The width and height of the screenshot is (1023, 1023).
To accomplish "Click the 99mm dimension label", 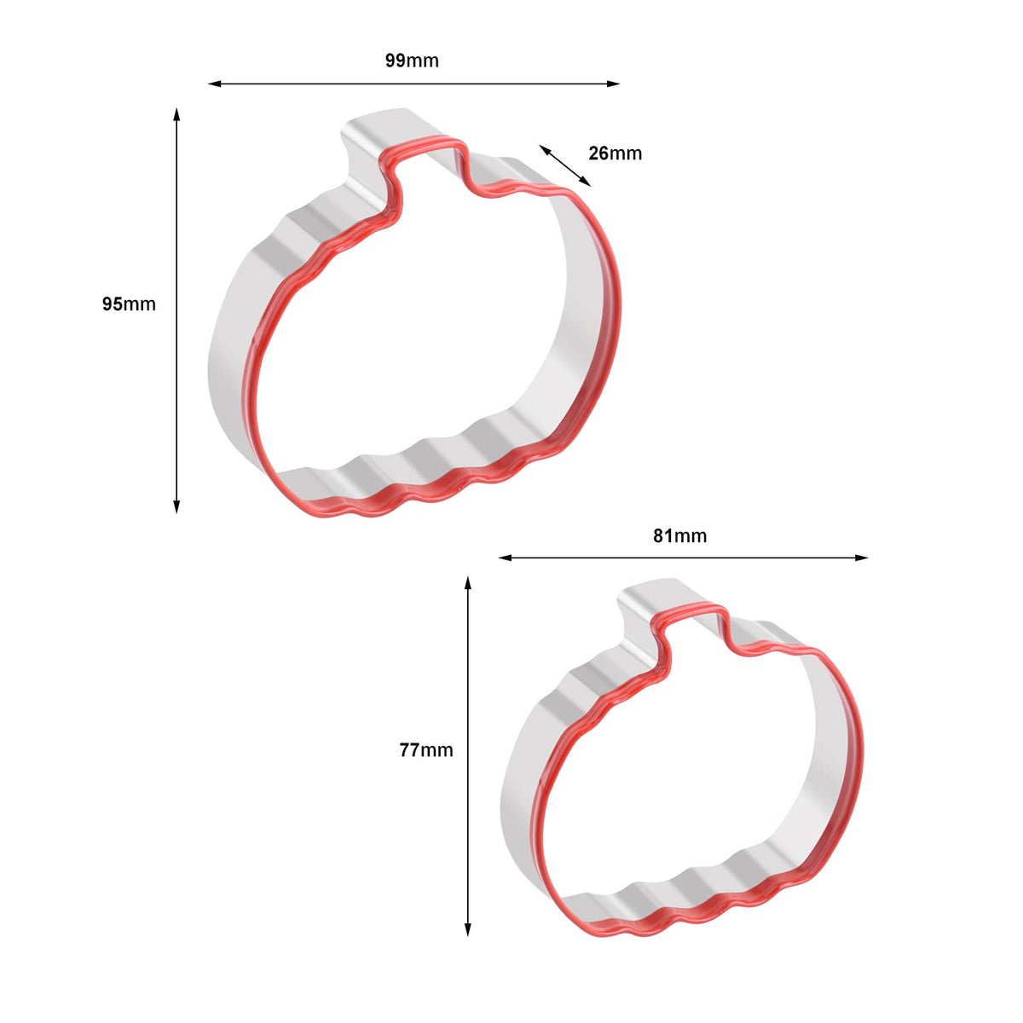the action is (x=412, y=61).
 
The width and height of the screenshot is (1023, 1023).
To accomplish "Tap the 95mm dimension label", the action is (x=129, y=304).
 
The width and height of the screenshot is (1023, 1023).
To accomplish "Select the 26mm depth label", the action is (x=616, y=153).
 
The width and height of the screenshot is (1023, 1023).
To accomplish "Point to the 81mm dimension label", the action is (x=680, y=536).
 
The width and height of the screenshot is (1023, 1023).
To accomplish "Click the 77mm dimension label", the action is (x=426, y=750).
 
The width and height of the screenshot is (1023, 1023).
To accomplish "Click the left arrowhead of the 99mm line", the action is (x=215, y=84).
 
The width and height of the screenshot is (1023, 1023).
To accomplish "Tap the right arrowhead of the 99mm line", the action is (x=613, y=84).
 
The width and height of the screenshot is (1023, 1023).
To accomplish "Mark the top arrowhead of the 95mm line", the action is (x=176, y=115).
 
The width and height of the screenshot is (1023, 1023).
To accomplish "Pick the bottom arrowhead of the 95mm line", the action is (x=176, y=506).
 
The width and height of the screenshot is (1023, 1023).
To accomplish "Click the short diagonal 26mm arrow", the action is (x=565, y=165).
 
